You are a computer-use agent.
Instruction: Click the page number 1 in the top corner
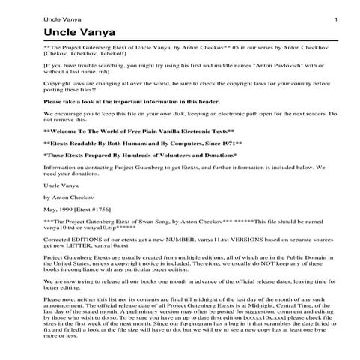pos(336,19)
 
